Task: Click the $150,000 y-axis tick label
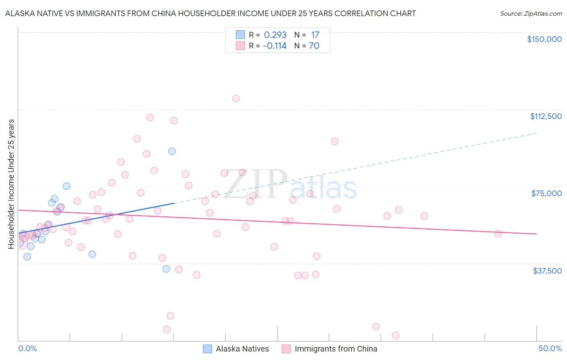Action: tap(544, 39)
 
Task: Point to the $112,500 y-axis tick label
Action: tap(546, 116)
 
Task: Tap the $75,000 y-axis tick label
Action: tap(546, 193)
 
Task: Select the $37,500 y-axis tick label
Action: tap(547, 271)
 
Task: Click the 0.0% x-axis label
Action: tap(27, 349)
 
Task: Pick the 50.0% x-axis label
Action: tap(550, 349)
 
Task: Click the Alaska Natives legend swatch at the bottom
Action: tap(207, 349)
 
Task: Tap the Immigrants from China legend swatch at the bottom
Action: tap(286, 349)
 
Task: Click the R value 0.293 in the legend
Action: tap(275, 35)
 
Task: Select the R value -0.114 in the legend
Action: tap(275, 46)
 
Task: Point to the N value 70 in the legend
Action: tap(314, 46)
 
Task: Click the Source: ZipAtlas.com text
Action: tap(531, 14)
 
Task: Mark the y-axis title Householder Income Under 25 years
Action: tap(11, 184)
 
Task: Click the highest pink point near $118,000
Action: tap(236, 98)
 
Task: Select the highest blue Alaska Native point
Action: tap(172, 151)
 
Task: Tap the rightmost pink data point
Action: tap(498, 234)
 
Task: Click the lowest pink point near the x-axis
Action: tap(396, 336)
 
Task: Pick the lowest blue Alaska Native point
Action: tap(166, 269)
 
